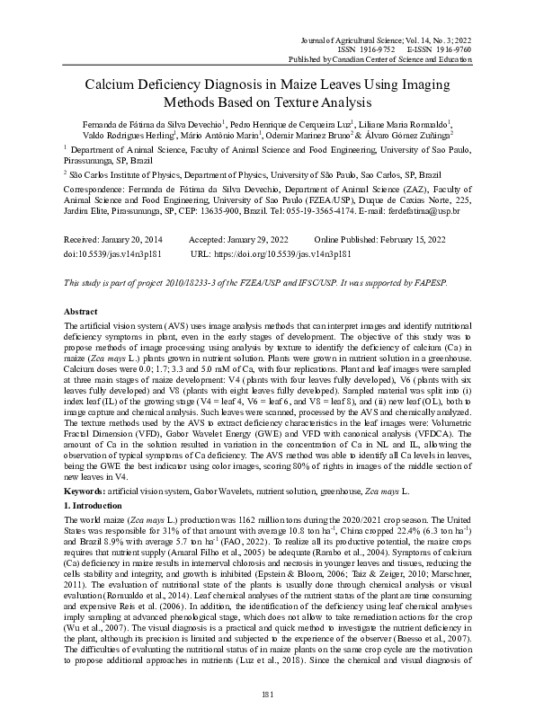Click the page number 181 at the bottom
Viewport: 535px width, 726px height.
(267, 694)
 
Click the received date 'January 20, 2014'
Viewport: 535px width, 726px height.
(133, 241)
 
